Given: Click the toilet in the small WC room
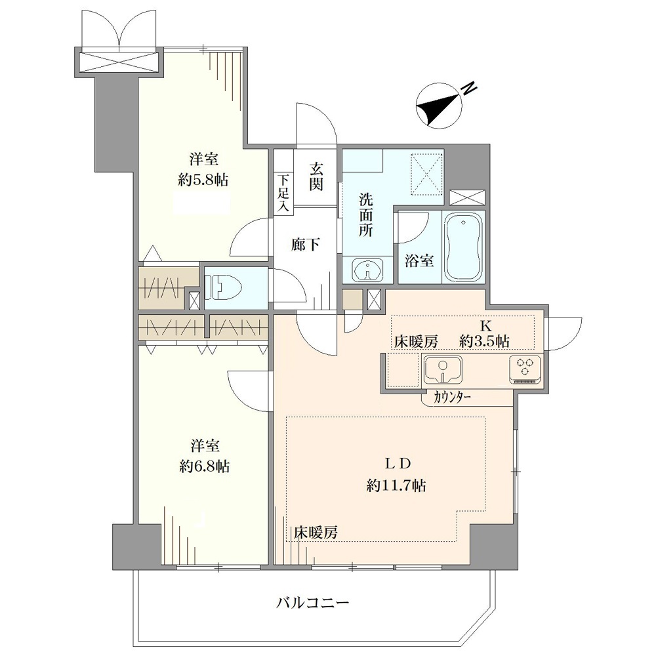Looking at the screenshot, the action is pyautogui.click(x=226, y=289).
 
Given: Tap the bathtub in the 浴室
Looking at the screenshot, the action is pyautogui.click(x=463, y=247).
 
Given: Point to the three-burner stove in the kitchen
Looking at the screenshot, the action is pyautogui.click(x=525, y=369).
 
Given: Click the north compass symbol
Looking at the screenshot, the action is pyautogui.click(x=439, y=106).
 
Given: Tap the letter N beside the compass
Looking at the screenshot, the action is pyautogui.click(x=470, y=88).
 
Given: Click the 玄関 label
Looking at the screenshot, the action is pyautogui.click(x=316, y=176).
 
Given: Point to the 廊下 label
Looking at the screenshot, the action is pyautogui.click(x=306, y=245).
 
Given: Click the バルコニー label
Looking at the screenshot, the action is pyautogui.click(x=312, y=603).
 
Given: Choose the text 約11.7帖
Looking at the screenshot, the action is pyautogui.click(x=396, y=485).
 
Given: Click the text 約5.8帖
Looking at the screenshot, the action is pyautogui.click(x=203, y=180).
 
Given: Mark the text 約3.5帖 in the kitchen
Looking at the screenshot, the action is pyautogui.click(x=484, y=341).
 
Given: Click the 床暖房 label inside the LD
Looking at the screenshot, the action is pyautogui.click(x=315, y=533).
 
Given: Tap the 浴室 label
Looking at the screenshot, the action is pyautogui.click(x=419, y=261).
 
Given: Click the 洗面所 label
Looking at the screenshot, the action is pyautogui.click(x=366, y=215).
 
